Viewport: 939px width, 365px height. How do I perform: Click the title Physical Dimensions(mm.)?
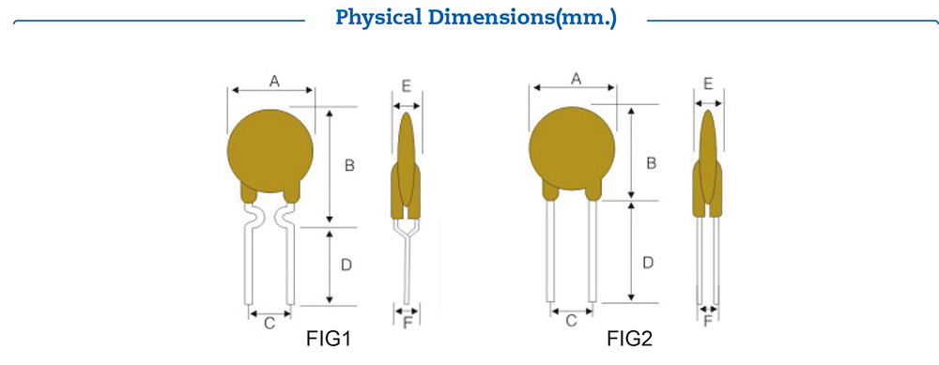(x=476, y=18)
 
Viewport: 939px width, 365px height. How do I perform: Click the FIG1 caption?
(x=329, y=338)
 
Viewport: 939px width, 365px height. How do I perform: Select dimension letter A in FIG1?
(x=274, y=82)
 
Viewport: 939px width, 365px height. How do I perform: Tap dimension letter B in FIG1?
(x=349, y=166)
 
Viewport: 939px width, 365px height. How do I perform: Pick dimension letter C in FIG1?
(x=269, y=325)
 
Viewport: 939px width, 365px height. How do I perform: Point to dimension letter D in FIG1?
(x=346, y=266)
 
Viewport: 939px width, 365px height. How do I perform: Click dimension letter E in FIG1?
(x=406, y=85)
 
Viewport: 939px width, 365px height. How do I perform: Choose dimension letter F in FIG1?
(x=408, y=325)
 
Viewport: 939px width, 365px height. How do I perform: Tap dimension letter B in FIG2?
(x=651, y=162)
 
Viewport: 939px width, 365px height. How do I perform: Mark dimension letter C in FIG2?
(x=571, y=322)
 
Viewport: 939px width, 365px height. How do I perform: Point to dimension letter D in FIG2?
(x=648, y=264)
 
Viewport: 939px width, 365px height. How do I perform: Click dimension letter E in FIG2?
(x=708, y=84)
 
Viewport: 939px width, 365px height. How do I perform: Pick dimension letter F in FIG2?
(x=709, y=322)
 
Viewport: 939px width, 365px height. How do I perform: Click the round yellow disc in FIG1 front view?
(x=271, y=150)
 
